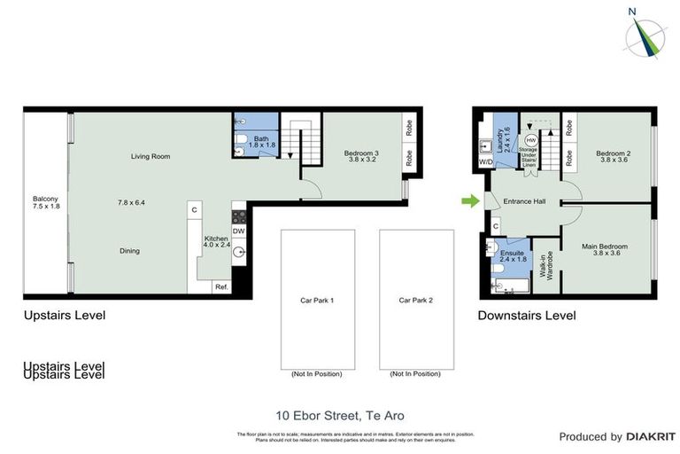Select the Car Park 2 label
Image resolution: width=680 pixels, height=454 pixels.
click(415, 301)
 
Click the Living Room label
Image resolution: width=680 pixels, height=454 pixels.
click(151, 157)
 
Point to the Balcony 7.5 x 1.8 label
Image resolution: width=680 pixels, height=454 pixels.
click(45, 203)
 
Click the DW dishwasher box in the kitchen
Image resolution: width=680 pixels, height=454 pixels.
click(238, 231)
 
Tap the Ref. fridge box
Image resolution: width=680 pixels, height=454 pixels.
click(220, 286)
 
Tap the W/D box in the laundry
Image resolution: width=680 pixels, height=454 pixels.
click(485, 163)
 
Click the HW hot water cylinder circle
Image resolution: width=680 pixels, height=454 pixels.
click(530, 141)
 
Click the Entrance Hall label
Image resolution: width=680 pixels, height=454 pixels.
click(525, 201)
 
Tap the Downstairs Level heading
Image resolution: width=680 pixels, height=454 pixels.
click(527, 315)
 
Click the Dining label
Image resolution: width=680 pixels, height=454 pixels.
click(129, 251)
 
